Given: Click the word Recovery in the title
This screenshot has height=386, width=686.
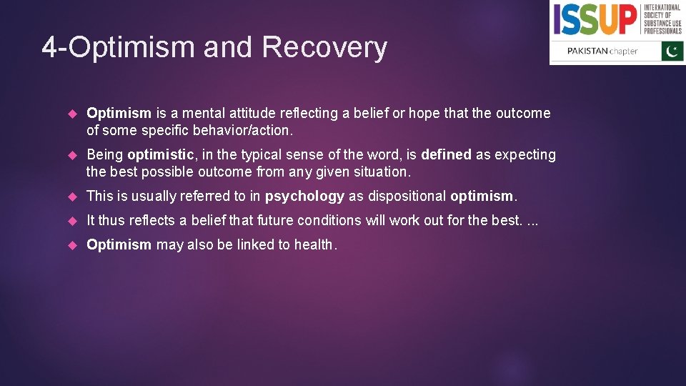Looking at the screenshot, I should click(x=324, y=48).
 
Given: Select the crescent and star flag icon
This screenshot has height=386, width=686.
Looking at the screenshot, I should click(x=672, y=51).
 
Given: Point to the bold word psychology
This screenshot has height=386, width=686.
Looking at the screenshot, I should click(x=304, y=196).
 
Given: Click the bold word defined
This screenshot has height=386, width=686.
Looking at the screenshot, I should click(x=446, y=154).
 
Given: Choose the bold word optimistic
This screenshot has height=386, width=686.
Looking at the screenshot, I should click(x=160, y=154).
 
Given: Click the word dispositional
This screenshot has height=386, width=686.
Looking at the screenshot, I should click(x=407, y=196).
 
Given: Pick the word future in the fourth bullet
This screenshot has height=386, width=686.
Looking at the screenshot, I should click(x=276, y=220).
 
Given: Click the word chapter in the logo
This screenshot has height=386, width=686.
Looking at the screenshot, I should click(x=623, y=51).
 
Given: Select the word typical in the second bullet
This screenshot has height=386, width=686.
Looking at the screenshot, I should click(x=264, y=154).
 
